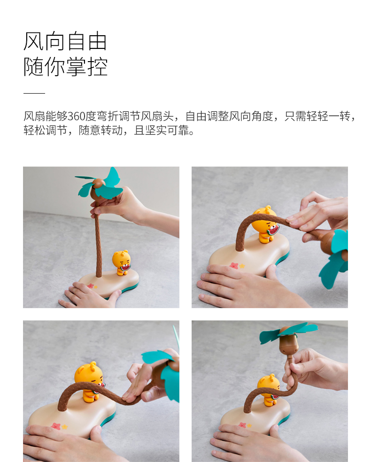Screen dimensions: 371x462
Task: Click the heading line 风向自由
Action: point(65,41)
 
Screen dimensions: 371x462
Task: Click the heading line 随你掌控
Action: point(65,67)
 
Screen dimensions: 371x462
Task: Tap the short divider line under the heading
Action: point(34,93)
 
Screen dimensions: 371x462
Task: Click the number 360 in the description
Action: point(76,116)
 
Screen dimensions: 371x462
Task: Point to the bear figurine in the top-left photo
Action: point(122,263)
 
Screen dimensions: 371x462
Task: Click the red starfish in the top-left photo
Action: point(91,286)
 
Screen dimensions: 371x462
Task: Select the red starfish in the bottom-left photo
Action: point(55,426)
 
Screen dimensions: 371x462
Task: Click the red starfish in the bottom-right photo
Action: point(243,425)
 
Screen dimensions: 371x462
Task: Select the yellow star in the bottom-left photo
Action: point(64,426)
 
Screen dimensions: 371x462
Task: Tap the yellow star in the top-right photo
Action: point(242,266)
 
